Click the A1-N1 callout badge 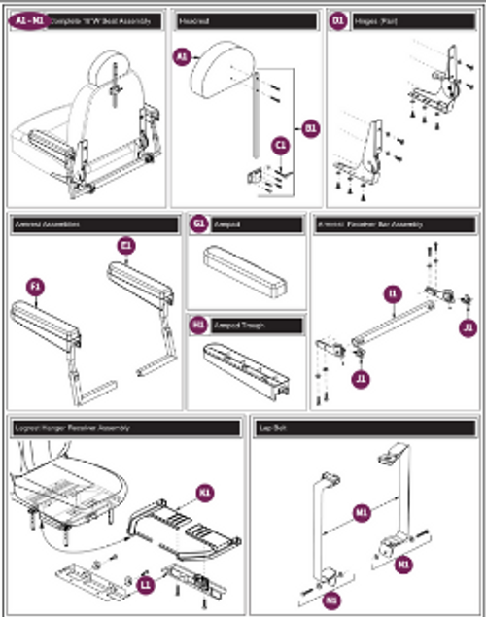tap(29, 19)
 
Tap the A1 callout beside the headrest tap(182, 57)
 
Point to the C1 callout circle tap(281, 146)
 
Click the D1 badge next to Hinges tap(338, 19)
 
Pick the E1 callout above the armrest tap(126, 246)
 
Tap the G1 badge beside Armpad tap(197, 223)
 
